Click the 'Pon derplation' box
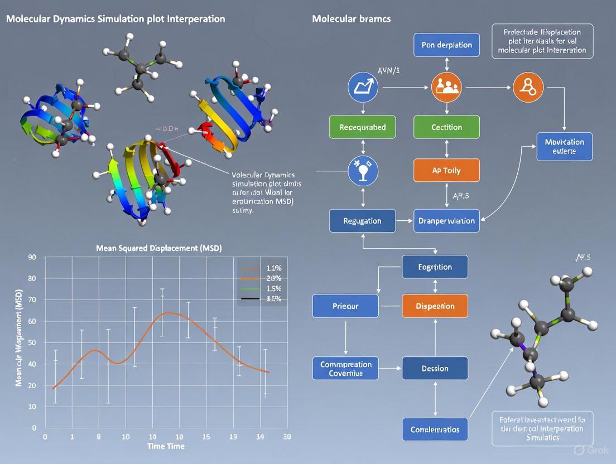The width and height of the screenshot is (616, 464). (446, 45)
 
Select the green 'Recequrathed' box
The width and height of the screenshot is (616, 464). (362, 127)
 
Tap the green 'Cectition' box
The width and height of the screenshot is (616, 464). (446, 127)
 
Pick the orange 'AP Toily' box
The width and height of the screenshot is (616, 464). (446, 171)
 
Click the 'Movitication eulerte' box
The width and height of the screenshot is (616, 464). (564, 146)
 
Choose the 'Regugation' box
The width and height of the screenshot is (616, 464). (362, 221)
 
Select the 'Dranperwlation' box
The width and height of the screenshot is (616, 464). (446, 221)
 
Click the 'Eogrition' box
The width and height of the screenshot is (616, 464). (435, 267)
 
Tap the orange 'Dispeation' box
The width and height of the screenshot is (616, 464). (435, 306)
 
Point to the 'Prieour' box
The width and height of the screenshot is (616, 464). (345, 306)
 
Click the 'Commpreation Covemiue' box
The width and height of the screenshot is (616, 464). (345, 369)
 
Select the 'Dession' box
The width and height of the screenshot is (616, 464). (435, 369)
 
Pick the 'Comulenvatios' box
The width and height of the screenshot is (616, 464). (435, 429)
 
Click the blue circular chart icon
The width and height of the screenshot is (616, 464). (363, 88)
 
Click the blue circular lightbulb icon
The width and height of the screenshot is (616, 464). (363, 171)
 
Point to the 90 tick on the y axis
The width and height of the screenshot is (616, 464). (32, 257)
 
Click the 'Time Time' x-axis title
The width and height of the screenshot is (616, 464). (165, 446)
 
